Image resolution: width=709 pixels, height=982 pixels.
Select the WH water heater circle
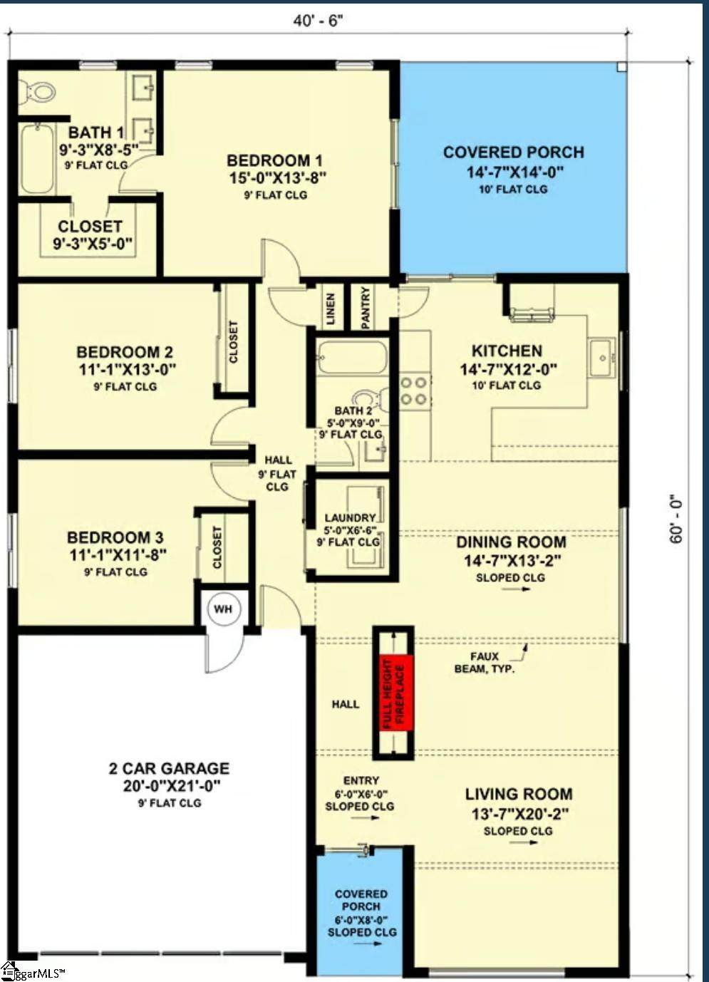(223, 609)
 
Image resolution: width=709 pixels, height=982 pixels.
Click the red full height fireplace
(396, 693)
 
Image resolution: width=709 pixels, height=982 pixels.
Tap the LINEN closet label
(331, 309)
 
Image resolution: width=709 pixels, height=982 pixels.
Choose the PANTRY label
(366, 307)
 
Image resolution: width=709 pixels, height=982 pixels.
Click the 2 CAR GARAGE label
(170, 768)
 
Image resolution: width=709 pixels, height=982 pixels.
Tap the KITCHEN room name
(507, 351)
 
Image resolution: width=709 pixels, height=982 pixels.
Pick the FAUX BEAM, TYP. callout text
(484, 663)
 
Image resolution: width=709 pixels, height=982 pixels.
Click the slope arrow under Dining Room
(516, 589)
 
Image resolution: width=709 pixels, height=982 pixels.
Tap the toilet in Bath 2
(371, 399)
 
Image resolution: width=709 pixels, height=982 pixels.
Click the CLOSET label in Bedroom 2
(233, 341)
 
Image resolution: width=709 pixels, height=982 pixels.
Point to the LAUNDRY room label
(350, 518)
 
